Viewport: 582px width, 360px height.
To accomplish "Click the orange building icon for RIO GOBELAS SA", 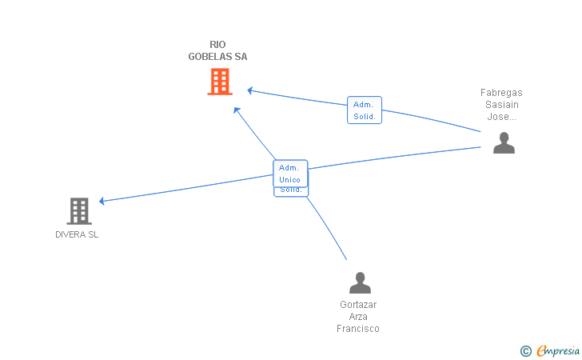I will pos(219,82).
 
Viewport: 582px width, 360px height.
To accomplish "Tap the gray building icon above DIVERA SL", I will pos(78,211).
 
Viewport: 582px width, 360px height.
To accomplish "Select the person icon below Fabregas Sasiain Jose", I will pos(504,143).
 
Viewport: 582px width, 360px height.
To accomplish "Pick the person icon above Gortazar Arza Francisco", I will pos(360,283).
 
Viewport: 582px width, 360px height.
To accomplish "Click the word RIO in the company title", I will pos(217,45).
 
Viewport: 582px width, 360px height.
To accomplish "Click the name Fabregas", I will pos(501,93).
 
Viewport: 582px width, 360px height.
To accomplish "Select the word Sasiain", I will pos(501,105).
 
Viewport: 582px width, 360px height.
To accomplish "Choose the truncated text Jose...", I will pos(501,117).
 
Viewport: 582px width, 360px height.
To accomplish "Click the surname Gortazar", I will pos(358,305).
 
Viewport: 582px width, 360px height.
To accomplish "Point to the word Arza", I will pos(358,317).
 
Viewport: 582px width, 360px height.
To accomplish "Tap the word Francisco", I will pos(358,329).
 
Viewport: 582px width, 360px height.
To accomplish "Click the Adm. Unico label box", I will pos(289,174).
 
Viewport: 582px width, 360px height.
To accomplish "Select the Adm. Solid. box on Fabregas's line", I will pos(364,110).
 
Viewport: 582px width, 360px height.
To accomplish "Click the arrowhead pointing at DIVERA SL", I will pos(102,201).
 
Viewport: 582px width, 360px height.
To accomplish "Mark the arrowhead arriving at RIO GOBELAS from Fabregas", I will pos(250,90).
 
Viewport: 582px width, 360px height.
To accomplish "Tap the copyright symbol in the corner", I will pos(525,350).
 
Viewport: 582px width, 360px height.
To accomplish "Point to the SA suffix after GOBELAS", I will pos(241,57).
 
